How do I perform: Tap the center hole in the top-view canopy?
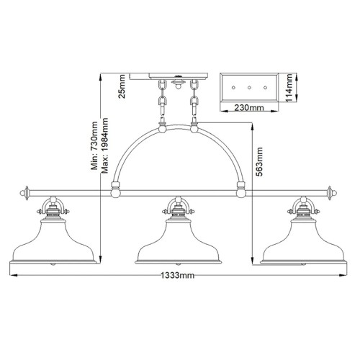pyautogui.click(x=248, y=86)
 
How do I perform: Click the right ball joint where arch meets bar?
pyautogui.click(x=241, y=192)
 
